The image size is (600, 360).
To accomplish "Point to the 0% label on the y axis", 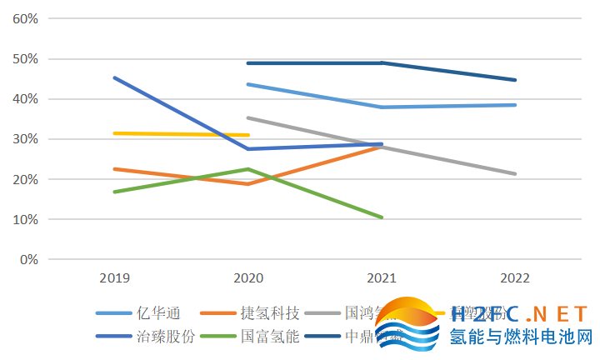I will pyautogui.click(x=30, y=259).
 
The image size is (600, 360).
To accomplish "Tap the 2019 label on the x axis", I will pyautogui.click(x=114, y=277).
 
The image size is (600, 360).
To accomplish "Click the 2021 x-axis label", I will pyautogui.click(x=382, y=277).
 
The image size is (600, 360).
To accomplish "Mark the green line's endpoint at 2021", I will pyautogui.click(x=382, y=217).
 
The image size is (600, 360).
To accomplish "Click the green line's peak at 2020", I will pyautogui.click(x=247, y=169).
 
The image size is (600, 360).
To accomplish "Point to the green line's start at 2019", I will pyautogui.click(x=114, y=192).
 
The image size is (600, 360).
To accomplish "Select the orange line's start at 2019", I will pyautogui.click(x=114, y=169).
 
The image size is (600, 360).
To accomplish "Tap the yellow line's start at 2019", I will pyautogui.click(x=114, y=133).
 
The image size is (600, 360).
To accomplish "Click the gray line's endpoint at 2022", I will pyautogui.click(x=516, y=173).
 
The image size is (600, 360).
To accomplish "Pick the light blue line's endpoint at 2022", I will pyautogui.click(x=516, y=105).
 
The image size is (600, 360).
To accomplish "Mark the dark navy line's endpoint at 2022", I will pyautogui.click(x=516, y=80).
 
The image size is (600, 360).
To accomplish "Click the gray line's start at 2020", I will pyautogui.click(x=247, y=117).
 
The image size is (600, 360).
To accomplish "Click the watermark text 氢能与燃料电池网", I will pyautogui.click(x=520, y=338).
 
